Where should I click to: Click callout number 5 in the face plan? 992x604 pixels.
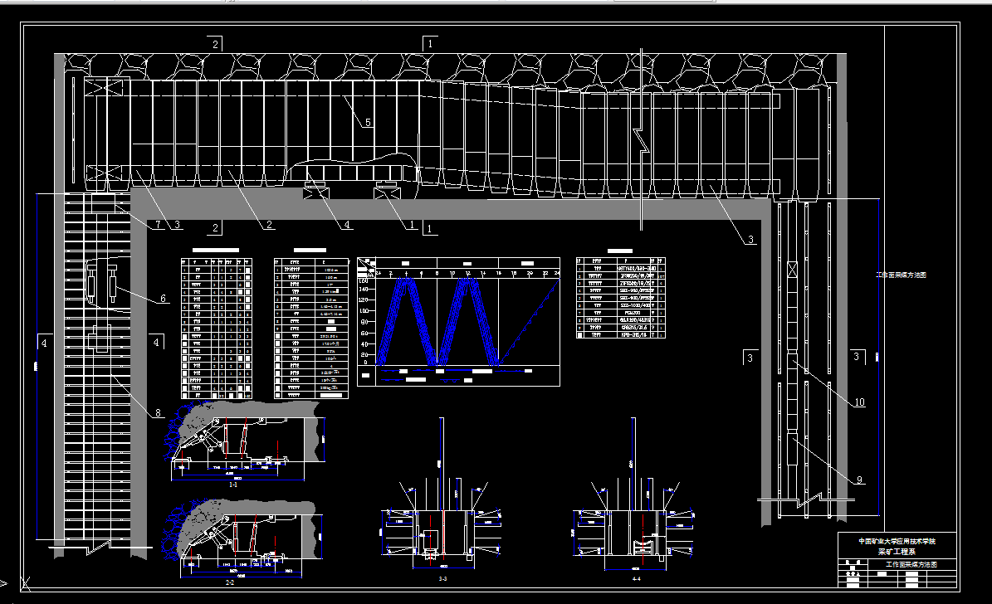(x=368, y=122)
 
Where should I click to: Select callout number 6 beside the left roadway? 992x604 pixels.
(x=163, y=298)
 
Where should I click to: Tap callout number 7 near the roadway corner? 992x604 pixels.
(x=156, y=225)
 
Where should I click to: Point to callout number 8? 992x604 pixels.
(x=157, y=412)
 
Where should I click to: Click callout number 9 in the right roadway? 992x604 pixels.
(x=859, y=480)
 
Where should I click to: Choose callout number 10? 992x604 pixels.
(x=859, y=402)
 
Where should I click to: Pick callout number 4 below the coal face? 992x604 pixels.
(x=346, y=225)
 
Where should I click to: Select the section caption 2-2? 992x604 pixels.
(x=230, y=583)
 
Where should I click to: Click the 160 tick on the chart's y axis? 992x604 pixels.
(x=363, y=281)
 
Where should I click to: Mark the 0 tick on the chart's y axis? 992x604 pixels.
(x=366, y=363)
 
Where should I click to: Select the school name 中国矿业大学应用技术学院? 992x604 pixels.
(x=897, y=541)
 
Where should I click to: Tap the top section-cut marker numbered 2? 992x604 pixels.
(x=216, y=44)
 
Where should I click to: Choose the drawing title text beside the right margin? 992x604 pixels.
(x=901, y=274)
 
